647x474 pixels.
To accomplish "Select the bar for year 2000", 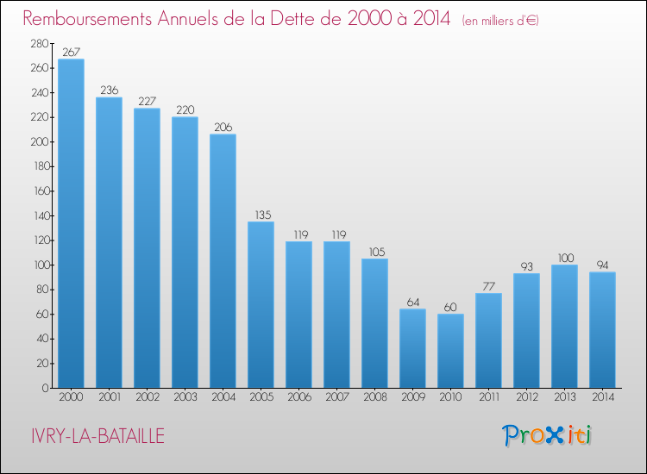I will pyautogui.click(x=71, y=223).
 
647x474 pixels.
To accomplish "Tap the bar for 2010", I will pyautogui.click(x=450, y=351).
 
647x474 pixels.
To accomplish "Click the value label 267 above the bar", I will pyautogui.click(x=71, y=52).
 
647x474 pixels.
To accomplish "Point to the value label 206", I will pyautogui.click(x=223, y=127).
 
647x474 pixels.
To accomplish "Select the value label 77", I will pyautogui.click(x=488, y=286).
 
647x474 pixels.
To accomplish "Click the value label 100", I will pyautogui.click(x=564, y=258).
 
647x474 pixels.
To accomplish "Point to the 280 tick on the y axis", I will pyautogui.click(x=39, y=43).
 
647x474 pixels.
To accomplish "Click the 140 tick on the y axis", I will pyautogui.click(x=39, y=215).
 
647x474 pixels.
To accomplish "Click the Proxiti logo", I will pyautogui.click(x=548, y=435).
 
